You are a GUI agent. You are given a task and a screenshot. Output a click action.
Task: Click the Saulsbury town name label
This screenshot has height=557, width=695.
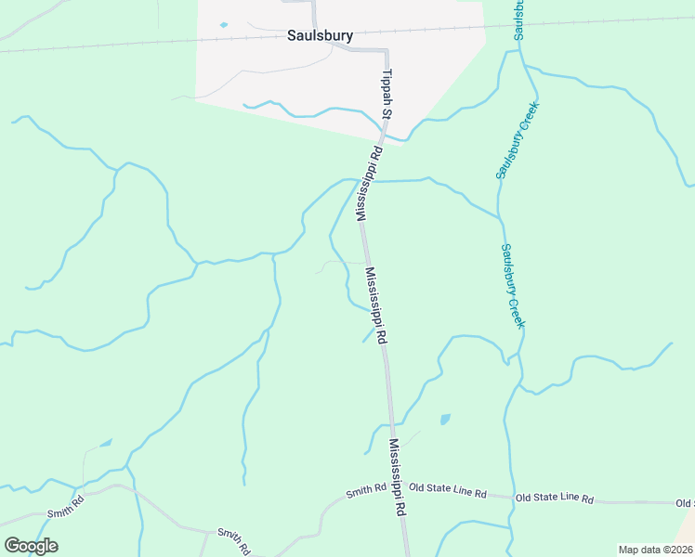[x=319, y=37]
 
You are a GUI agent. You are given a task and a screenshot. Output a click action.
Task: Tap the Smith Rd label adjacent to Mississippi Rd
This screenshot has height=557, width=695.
[x=366, y=489]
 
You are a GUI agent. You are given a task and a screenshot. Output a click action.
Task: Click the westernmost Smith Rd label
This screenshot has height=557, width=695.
[x=67, y=505]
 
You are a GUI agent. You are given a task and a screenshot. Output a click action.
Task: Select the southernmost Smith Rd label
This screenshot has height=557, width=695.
[x=234, y=540]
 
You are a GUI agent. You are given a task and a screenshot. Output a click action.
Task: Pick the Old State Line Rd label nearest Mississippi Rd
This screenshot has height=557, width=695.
[x=448, y=490]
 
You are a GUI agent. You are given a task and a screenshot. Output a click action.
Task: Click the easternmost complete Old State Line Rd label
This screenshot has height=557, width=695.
[x=555, y=499]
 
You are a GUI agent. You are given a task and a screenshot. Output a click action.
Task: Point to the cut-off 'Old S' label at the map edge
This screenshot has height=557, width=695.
[x=685, y=503]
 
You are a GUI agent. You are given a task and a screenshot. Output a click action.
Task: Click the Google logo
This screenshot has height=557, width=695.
[x=31, y=546]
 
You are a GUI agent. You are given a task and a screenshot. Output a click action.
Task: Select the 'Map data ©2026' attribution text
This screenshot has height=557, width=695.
[x=655, y=550]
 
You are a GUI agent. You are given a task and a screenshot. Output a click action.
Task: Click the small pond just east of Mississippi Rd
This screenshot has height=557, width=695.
[x=445, y=419]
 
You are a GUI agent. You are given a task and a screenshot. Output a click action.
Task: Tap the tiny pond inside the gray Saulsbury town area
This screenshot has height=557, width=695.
[x=223, y=25]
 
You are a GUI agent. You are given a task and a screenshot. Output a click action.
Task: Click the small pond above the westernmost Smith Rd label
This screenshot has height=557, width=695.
[x=105, y=444]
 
